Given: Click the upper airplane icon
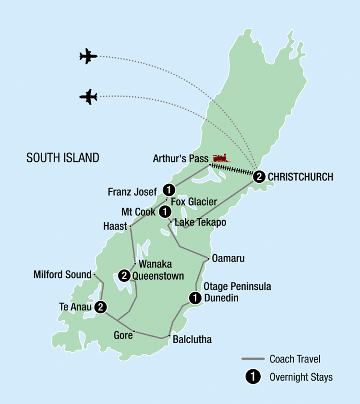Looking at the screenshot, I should point(88,56).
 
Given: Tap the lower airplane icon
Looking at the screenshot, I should point(88,96).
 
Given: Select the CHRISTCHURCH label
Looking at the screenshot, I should point(300,177).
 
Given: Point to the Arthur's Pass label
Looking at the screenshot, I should point(180,158).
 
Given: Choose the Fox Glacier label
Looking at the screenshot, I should point(194,202).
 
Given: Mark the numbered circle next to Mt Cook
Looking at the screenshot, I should point(164,211).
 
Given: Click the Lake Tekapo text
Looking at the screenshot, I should point(201,223).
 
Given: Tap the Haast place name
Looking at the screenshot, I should point(115,226).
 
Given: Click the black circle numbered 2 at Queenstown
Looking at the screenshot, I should point(124,275).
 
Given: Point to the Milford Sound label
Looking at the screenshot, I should point(62,274).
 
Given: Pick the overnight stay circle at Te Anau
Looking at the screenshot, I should point(100,307).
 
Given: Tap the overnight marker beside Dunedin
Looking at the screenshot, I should point(194,297).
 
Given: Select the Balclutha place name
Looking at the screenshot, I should point(192,340).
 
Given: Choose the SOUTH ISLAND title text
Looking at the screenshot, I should point(63,157).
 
